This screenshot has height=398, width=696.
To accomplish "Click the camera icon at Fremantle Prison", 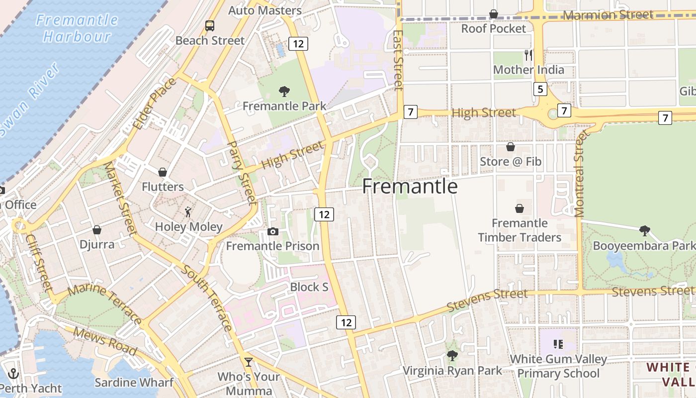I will pyautogui.click(x=272, y=231).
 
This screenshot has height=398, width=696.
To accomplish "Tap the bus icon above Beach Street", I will pyautogui.click(x=210, y=26).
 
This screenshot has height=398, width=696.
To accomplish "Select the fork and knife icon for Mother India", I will pyautogui.click(x=528, y=55).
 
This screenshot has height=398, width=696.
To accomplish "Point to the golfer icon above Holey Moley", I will pyautogui.click(x=188, y=212).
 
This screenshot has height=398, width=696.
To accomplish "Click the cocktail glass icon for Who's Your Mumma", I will pyautogui.click(x=248, y=362).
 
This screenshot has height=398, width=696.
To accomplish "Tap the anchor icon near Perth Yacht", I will pyautogui.click(x=13, y=374).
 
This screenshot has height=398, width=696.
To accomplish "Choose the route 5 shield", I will pyautogui.click(x=540, y=90).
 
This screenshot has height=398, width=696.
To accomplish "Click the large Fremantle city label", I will pyautogui.click(x=410, y=186).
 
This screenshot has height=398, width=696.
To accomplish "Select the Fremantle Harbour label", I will pyautogui.click(x=77, y=28).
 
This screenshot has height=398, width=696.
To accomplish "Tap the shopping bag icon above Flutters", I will pyautogui.click(x=162, y=172).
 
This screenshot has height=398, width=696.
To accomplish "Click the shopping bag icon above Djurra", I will pyautogui.click(x=96, y=230).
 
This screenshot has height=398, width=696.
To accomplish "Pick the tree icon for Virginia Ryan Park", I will pyautogui.click(x=452, y=355).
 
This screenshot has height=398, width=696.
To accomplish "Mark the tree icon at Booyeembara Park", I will pyautogui.click(x=644, y=230).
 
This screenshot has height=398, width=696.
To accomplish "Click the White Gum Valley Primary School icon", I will pyautogui.click(x=558, y=344).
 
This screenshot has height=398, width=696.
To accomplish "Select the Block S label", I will pyautogui.click(x=309, y=287).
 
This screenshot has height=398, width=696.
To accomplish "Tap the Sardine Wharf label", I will pyautogui.click(x=134, y=382).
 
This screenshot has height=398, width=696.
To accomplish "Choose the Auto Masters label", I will pyautogui.click(x=265, y=10).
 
